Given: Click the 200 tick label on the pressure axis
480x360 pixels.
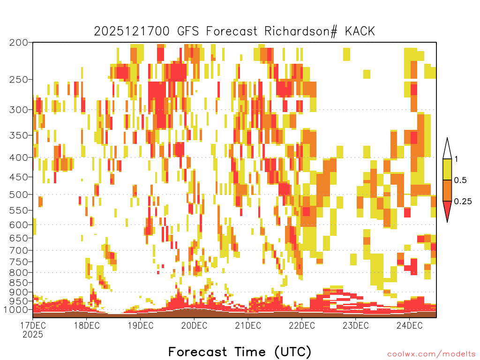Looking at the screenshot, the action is pos(19,43).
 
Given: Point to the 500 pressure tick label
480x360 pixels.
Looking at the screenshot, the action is pos(19,195).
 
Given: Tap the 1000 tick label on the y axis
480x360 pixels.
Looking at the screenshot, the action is pos(16,310).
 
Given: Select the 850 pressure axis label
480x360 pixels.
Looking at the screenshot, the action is pos(19,283).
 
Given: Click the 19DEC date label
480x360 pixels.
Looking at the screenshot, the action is pos(141,325).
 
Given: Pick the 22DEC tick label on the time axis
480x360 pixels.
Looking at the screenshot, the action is pos(301,325).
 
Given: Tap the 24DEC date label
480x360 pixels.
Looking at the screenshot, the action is pos(409,325).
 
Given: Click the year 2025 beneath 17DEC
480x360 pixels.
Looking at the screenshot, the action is pos(33,335).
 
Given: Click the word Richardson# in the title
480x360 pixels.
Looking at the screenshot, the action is pos(301,31).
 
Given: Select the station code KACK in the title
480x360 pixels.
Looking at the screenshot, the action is pos(360,31).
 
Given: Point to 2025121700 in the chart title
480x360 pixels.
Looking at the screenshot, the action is pos(132,31).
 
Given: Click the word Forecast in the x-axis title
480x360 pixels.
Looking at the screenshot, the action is pos(197,352).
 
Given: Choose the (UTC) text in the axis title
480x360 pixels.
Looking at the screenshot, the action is pos(292,352).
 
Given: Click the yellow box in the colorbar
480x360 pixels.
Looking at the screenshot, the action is pos(447,169).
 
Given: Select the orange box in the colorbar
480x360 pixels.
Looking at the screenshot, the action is pos(447,190).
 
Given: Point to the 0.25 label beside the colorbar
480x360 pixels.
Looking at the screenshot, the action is pos(463,202).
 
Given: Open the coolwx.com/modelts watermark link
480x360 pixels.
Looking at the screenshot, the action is pos(431,354).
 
